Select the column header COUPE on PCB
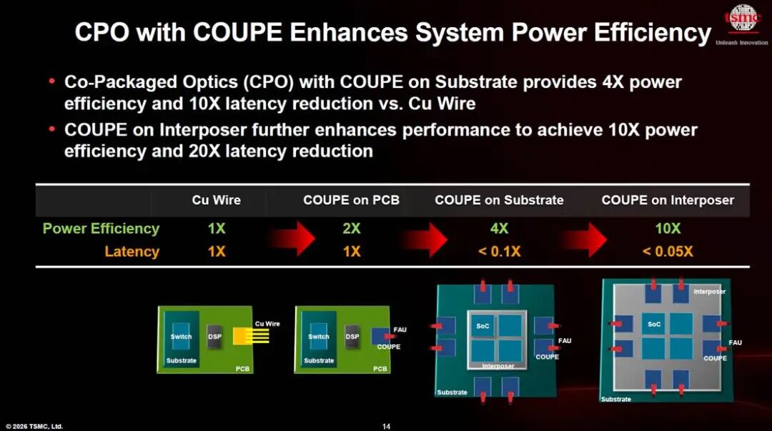click(351, 200)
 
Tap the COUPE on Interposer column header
click(668, 200)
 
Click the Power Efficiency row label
click(101, 229)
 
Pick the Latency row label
click(132, 251)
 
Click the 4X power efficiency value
click(499, 229)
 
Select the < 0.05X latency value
click(668, 251)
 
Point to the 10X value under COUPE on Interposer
click(668, 229)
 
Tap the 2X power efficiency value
click(352, 229)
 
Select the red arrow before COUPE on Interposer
click(585, 239)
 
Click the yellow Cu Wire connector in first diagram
click(251, 336)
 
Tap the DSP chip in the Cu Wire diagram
click(214, 337)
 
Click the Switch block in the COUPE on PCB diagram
click(318, 337)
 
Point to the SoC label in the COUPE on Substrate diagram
click(482, 326)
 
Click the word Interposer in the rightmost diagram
click(710, 292)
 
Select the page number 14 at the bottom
click(386, 427)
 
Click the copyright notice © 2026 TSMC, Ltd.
click(34, 427)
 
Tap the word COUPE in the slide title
click(237, 32)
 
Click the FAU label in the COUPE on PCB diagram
click(400, 330)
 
